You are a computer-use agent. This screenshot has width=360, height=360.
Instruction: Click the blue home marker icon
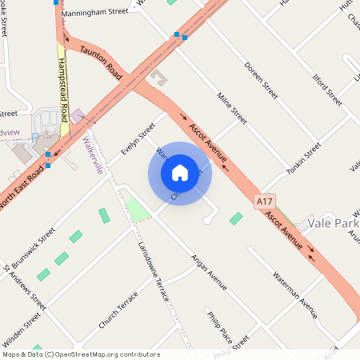(179, 173)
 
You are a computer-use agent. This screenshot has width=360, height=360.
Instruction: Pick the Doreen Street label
(261, 80)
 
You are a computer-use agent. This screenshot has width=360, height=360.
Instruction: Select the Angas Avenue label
(208, 273)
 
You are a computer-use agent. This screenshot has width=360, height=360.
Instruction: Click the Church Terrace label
(118, 310)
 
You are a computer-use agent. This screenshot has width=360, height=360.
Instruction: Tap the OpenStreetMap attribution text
(80, 354)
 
